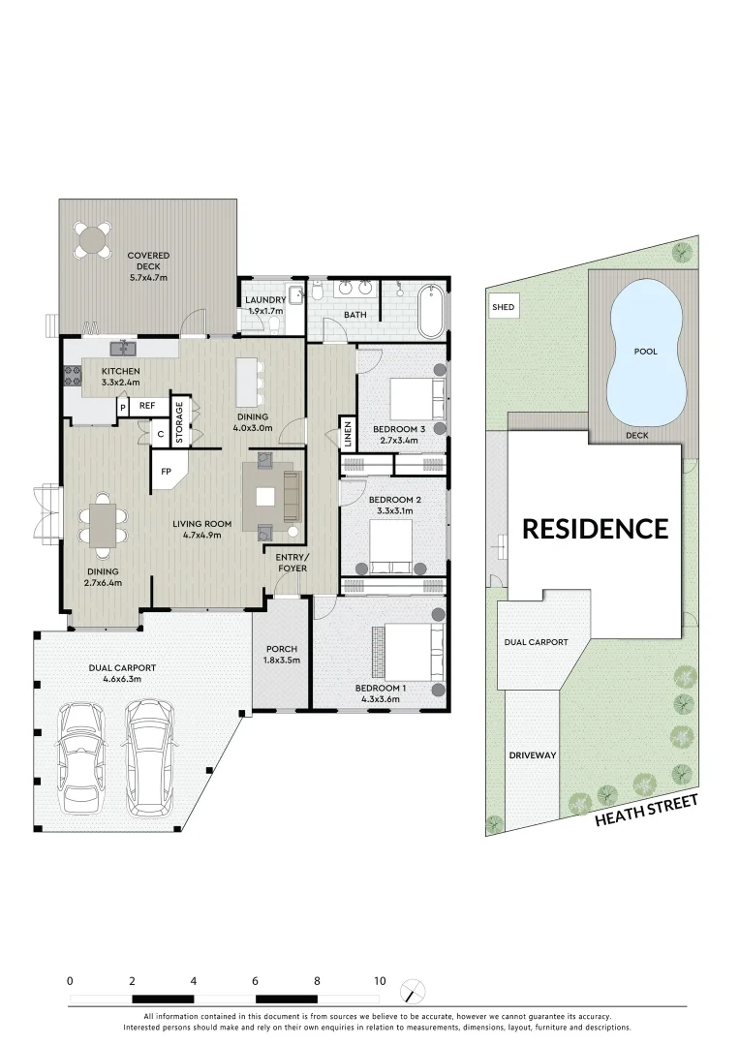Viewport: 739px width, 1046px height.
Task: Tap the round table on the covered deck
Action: (x=95, y=239)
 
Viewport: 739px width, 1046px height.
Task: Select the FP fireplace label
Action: (x=166, y=472)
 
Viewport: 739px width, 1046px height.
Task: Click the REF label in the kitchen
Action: (x=147, y=407)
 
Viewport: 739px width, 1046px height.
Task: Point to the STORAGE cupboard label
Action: (x=179, y=422)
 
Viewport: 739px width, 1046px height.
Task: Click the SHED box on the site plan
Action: (x=504, y=308)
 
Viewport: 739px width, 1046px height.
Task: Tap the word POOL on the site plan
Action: (x=645, y=352)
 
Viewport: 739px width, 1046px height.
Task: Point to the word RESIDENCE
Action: (x=595, y=529)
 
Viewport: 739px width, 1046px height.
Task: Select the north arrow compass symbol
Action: (x=414, y=990)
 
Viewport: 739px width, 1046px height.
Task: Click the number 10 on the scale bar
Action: (x=380, y=980)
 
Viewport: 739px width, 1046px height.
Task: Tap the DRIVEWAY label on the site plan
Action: (x=533, y=754)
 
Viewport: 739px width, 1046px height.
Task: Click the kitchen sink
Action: (x=124, y=347)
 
